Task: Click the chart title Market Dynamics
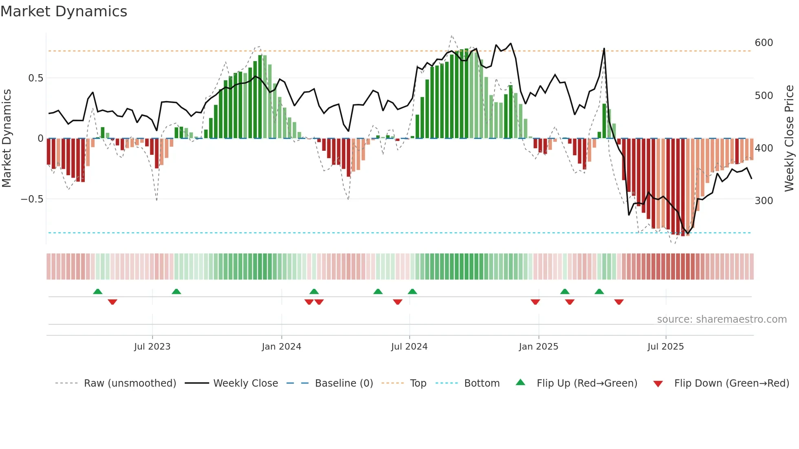64,11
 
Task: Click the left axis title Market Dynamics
7,138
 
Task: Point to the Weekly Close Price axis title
789,138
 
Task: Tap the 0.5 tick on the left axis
35,78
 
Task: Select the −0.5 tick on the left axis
32,199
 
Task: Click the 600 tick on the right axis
764,43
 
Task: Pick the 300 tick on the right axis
764,200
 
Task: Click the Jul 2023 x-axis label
152,347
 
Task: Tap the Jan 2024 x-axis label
281,347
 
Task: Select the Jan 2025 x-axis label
538,347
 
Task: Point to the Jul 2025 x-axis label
665,347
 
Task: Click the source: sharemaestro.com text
722,319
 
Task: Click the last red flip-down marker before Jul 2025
619,302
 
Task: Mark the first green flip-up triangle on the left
97,291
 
